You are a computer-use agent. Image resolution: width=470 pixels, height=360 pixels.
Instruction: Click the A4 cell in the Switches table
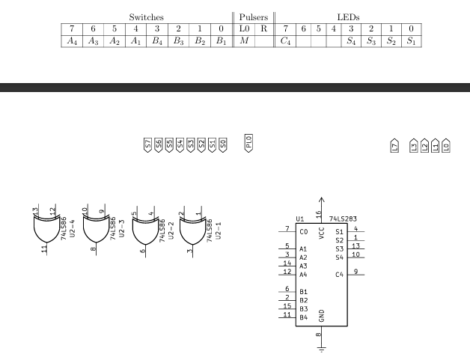[72, 41]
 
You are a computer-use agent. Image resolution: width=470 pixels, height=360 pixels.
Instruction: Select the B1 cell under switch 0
[221, 41]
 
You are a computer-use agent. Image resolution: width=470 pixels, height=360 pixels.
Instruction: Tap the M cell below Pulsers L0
[244, 41]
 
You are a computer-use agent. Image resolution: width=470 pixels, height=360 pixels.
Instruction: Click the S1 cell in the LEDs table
[410, 41]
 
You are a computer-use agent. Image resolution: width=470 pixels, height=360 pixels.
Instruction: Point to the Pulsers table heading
[253, 16]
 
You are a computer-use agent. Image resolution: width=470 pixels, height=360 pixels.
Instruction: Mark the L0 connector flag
[446, 146]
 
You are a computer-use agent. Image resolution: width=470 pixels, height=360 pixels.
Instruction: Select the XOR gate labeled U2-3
[94, 231]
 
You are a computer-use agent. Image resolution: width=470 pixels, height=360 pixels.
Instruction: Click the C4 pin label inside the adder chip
[339, 274]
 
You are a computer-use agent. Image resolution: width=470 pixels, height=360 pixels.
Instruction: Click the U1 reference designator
[300, 219]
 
